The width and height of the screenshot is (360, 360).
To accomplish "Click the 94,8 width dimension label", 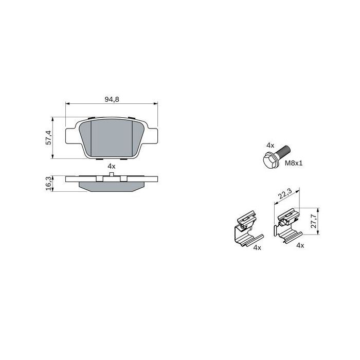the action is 112,99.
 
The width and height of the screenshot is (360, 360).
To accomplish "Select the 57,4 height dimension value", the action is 48,137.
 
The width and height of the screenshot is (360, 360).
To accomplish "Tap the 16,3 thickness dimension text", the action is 48,184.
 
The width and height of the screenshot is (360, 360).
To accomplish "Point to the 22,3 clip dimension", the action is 285,193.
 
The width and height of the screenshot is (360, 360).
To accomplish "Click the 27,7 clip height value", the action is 313,221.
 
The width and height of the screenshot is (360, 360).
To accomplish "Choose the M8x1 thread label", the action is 294,163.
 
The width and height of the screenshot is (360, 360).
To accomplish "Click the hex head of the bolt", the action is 270,159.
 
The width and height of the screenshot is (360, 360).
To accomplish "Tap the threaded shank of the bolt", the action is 284,152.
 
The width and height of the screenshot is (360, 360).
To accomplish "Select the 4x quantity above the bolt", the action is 270,145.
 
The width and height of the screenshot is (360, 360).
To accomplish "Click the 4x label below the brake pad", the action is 112,166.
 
